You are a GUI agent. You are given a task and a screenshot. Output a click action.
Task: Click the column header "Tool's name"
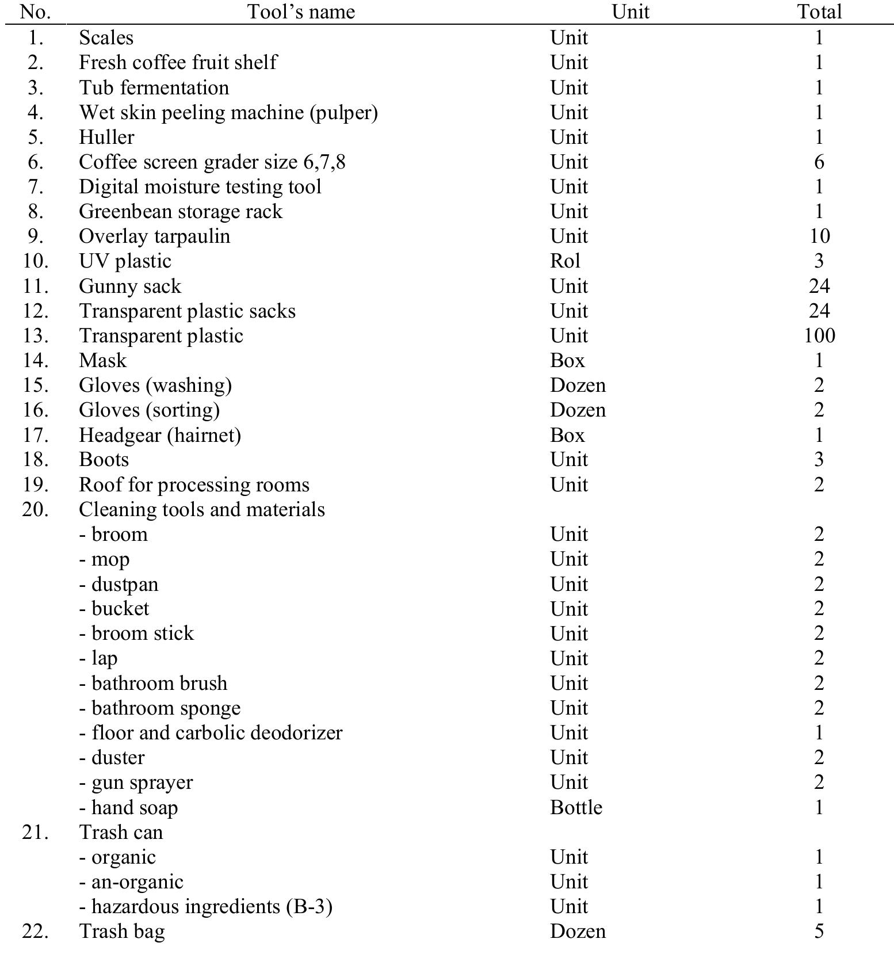(x=301, y=12)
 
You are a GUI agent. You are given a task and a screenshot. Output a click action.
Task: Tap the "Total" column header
(x=819, y=12)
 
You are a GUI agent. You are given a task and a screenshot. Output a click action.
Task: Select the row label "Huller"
(x=106, y=137)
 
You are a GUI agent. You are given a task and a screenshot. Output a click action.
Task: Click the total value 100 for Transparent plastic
(x=819, y=335)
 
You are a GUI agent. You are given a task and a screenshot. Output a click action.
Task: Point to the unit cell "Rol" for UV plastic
(x=565, y=261)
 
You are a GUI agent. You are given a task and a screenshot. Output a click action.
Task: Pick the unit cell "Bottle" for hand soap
(x=576, y=807)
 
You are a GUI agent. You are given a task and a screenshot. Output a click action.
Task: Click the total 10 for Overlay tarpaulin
(x=819, y=236)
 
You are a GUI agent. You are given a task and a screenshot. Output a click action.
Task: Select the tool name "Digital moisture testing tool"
(x=200, y=187)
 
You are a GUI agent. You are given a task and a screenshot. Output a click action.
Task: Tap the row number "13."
(x=36, y=335)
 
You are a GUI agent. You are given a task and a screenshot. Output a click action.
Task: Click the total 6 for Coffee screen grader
(x=819, y=162)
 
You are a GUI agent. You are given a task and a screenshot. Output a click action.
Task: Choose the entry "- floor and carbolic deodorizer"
(x=211, y=732)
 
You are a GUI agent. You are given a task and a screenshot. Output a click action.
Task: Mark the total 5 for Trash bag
(x=819, y=931)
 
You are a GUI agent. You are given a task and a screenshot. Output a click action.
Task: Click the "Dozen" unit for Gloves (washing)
(x=578, y=385)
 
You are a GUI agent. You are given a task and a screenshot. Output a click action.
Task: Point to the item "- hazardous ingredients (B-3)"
(x=206, y=906)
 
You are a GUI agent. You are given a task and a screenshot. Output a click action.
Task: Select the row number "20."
(x=36, y=509)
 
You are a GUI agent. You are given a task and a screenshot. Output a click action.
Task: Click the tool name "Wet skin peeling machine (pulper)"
(x=228, y=112)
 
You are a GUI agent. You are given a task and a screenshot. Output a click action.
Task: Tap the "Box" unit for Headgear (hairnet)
(x=567, y=434)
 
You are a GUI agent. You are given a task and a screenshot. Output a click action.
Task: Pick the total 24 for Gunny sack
(x=819, y=286)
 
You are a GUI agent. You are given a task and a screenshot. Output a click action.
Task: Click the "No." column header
(x=36, y=12)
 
